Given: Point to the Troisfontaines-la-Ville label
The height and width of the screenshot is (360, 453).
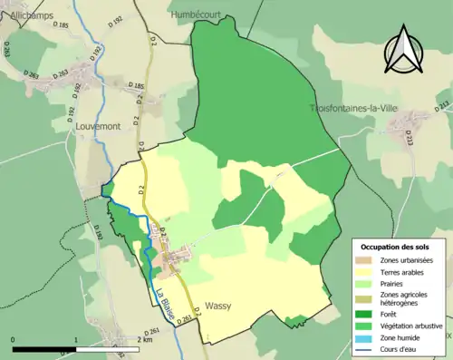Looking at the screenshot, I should [x=352, y=108].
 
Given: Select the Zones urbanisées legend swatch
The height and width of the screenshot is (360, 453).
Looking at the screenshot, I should [x=368, y=260].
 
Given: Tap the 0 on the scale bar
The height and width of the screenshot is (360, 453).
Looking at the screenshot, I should [x=14, y=339].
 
